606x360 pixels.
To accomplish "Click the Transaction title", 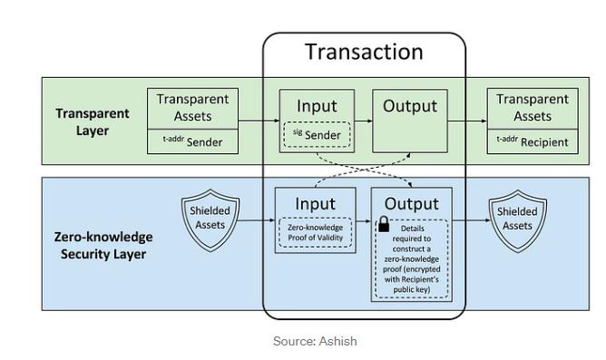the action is pyautogui.click(x=364, y=52).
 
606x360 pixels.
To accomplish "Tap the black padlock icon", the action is pyautogui.click(x=384, y=224).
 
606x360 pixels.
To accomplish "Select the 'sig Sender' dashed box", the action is pyautogui.click(x=317, y=135).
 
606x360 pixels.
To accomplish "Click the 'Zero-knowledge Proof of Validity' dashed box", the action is pyautogui.click(x=316, y=232).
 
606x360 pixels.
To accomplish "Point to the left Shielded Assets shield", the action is pyautogui.click(x=210, y=220).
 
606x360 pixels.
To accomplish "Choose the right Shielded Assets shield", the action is pyautogui.click(x=517, y=221).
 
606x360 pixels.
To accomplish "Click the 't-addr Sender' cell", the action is pyautogui.click(x=192, y=141).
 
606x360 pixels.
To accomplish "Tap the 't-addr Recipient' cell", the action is pyautogui.click(x=533, y=141).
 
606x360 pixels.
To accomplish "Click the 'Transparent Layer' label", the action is pyautogui.click(x=93, y=122).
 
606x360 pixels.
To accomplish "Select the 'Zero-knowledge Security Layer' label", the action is pyautogui.click(x=103, y=245).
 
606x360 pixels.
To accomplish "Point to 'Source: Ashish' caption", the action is pyautogui.click(x=315, y=341).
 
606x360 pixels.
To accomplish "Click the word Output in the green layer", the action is pyautogui.click(x=410, y=106).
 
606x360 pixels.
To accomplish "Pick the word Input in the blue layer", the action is pyautogui.click(x=315, y=204).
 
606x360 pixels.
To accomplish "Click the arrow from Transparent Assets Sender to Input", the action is pyautogui.click(x=259, y=121).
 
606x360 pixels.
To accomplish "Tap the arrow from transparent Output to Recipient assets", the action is pyautogui.click(x=467, y=121).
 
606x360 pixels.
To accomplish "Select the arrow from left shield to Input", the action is pyautogui.click(x=257, y=220).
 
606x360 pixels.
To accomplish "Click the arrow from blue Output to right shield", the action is pyautogui.click(x=471, y=220).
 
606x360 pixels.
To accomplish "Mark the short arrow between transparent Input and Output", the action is pyautogui.click(x=363, y=121).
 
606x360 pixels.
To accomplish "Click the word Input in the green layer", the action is pyautogui.click(x=317, y=106).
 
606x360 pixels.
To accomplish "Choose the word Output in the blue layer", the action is pyautogui.click(x=412, y=204).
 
